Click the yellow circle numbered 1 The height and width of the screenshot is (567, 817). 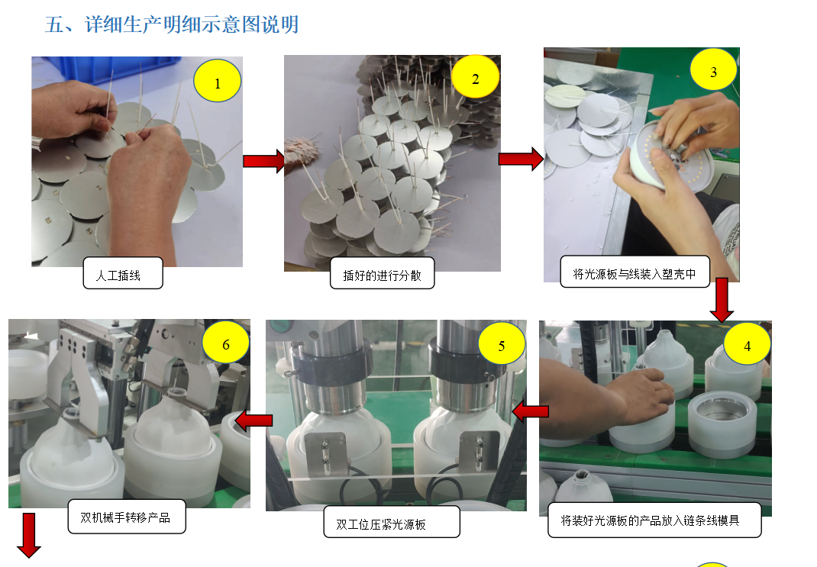(218, 81)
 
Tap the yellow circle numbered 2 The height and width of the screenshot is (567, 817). (475, 77)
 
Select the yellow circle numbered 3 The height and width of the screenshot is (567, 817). (713, 69)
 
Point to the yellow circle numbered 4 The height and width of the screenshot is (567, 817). (748, 344)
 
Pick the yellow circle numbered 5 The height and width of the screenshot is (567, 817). (501, 343)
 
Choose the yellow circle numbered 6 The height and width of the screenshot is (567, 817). (225, 343)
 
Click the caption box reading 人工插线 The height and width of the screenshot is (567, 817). (123, 273)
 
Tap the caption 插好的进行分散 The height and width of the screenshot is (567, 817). (382, 273)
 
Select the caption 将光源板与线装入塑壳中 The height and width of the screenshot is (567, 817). (635, 271)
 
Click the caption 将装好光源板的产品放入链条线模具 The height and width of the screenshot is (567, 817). (654, 520)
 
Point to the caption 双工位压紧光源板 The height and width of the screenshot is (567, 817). (392, 522)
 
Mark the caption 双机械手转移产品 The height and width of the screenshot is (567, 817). (127, 517)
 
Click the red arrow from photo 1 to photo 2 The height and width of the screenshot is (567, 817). (264, 161)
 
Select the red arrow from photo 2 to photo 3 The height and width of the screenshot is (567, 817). (521, 159)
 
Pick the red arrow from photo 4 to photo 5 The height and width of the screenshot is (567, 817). (530, 411)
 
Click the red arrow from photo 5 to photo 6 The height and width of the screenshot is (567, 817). (253, 420)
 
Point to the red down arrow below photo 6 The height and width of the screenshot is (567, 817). (29, 535)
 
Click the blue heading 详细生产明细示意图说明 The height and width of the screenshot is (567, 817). (192, 24)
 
